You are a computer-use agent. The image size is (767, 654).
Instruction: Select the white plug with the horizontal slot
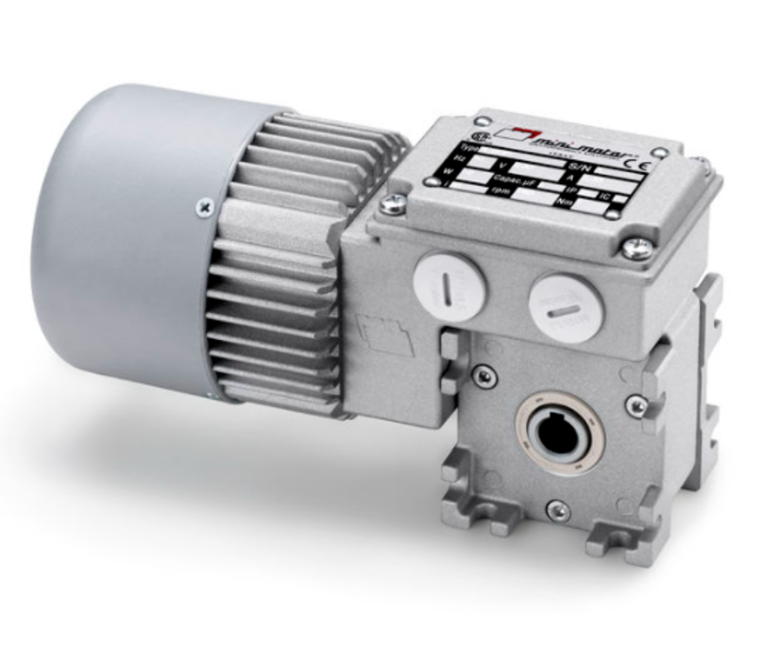tap(566, 309)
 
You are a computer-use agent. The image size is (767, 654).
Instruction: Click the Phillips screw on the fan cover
tap(204, 207)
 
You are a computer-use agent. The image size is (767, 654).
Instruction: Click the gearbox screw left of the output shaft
tap(483, 376)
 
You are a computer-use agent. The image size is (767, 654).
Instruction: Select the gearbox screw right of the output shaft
tap(637, 405)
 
